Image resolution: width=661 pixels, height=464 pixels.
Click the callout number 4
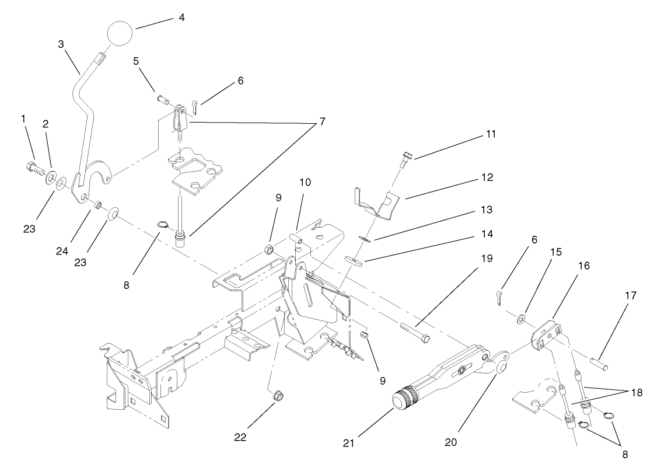point(181,18)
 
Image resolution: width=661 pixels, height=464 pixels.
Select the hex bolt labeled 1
point(33,169)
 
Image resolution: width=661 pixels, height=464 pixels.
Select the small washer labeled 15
point(521,319)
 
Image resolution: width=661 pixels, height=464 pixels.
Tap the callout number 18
point(636,393)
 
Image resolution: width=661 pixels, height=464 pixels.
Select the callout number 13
point(488,209)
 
